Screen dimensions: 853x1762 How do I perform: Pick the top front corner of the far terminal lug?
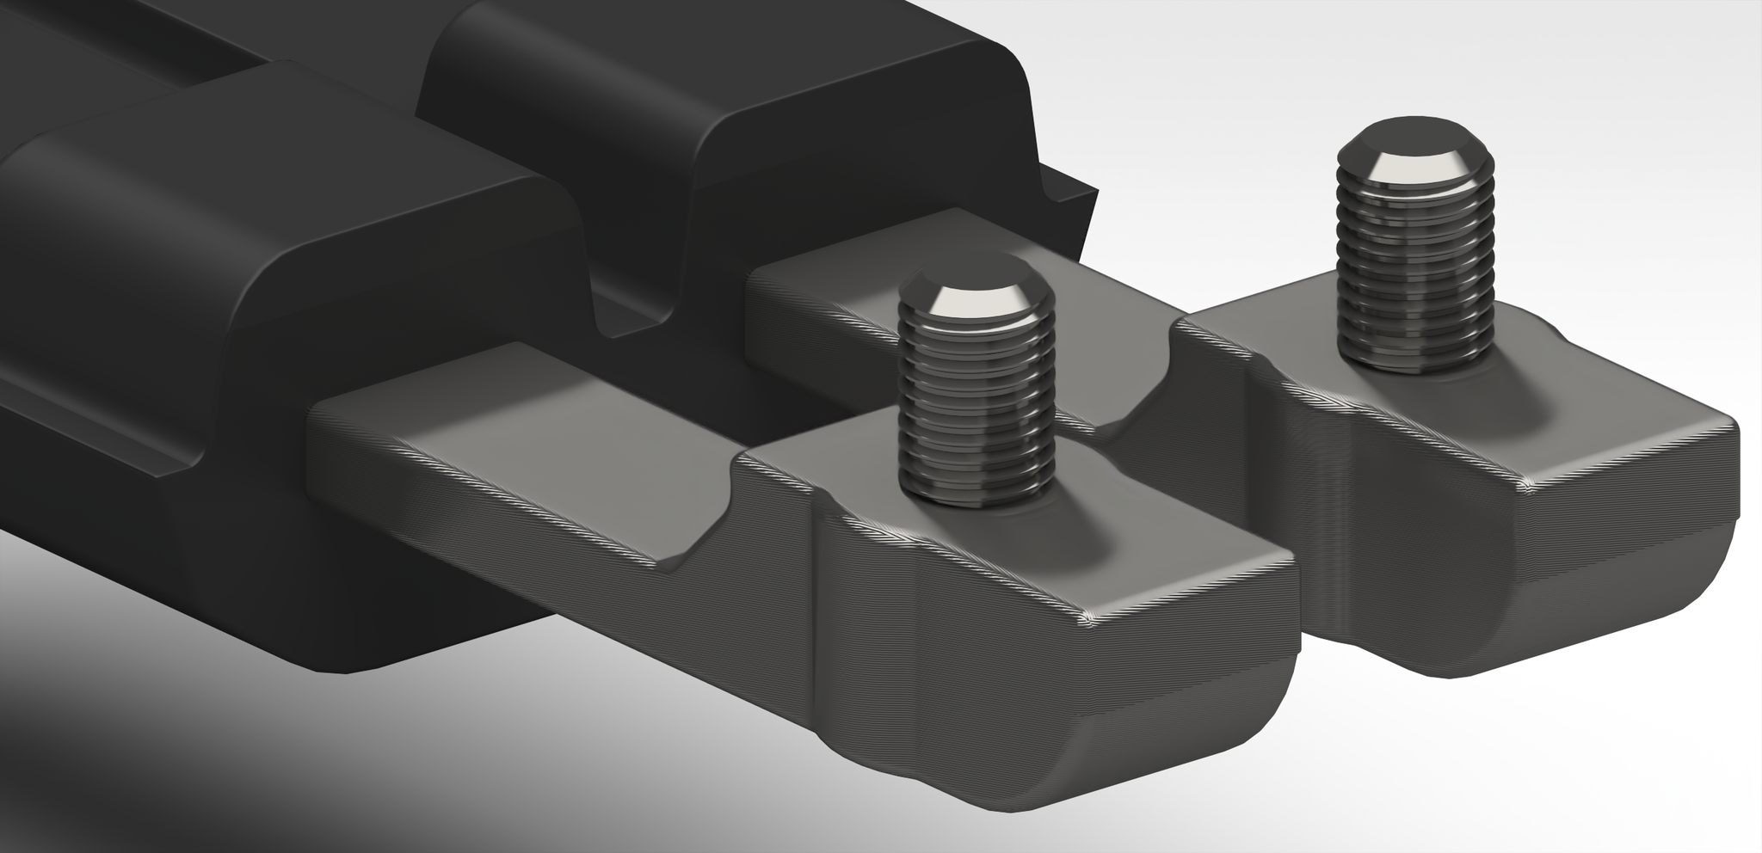[x=1527, y=486]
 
